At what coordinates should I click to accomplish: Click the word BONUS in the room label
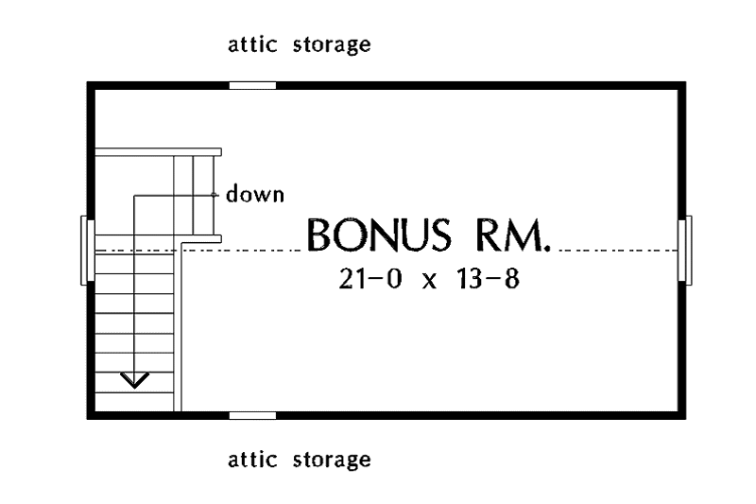tap(379, 235)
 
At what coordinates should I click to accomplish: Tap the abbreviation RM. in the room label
tap(513, 235)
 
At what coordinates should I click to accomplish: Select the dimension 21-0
tap(369, 279)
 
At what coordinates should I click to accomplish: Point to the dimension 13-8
tap(487, 279)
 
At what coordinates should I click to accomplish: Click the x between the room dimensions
tap(429, 282)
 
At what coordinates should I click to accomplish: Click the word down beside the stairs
tap(255, 194)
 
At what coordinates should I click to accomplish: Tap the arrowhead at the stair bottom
tap(134, 380)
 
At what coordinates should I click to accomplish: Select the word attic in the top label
tap(252, 44)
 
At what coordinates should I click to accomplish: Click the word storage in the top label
tap(332, 45)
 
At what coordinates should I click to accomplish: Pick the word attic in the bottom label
tap(252, 460)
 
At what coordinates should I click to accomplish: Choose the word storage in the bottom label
tap(332, 461)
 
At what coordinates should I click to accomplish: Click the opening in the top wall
tap(252, 86)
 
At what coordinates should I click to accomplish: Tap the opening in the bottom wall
tap(252, 416)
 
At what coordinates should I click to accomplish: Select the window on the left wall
tap(88, 251)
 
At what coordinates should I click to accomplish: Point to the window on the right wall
tap(685, 251)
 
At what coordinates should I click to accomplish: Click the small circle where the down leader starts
tap(214, 195)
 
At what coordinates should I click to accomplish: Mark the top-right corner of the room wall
tap(686, 82)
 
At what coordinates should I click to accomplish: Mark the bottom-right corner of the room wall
tap(686, 419)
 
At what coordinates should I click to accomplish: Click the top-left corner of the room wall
tap(87, 82)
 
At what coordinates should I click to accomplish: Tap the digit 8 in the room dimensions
tap(512, 279)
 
